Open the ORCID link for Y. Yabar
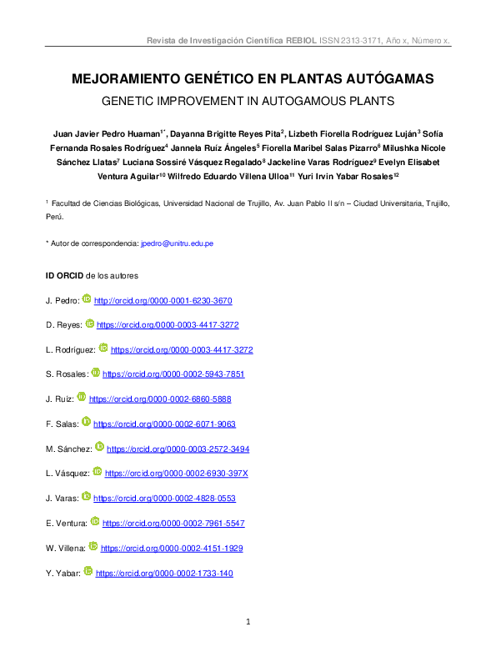click(164, 574)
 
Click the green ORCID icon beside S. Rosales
click(95, 373)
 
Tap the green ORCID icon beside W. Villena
click(93, 547)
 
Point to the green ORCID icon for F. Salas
click(86, 422)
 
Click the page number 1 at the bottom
click(248, 623)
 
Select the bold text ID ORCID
click(63, 275)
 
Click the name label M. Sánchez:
click(68, 449)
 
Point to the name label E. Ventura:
click(66, 524)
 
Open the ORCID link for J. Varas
click(164, 499)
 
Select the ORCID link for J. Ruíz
click(160, 399)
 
